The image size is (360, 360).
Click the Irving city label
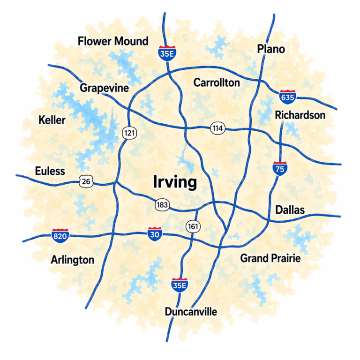click(175, 182)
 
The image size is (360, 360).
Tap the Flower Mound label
click(113, 41)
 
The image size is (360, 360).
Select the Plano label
click(271, 49)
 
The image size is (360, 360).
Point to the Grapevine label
click(104, 88)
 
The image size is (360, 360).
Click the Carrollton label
click(217, 83)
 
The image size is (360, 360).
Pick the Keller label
click(52, 120)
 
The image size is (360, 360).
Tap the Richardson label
click(300, 115)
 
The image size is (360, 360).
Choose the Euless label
click(50, 171)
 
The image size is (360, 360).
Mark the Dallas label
click(290, 210)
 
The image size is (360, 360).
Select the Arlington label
click(73, 260)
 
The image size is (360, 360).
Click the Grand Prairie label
click(270, 258)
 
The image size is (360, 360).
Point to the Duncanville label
click(191, 312)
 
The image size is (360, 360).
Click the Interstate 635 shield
click(287, 97)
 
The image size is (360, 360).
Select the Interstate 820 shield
click(60, 235)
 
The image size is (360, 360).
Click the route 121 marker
click(129, 133)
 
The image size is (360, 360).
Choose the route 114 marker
click(217, 128)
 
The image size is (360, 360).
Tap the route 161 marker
click(193, 227)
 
